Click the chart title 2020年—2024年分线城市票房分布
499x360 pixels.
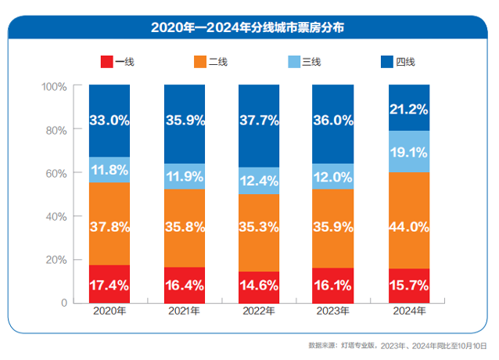(x=249, y=27)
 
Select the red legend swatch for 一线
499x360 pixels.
(x=107, y=61)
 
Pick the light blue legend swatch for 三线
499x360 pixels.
(x=294, y=61)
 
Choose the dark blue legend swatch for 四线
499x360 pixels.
(x=386, y=61)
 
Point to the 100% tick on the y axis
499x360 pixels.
(x=54, y=85)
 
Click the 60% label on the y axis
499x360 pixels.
(x=56, y=172)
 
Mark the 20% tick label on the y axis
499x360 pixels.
(x=56, y=259)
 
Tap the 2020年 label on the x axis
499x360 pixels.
(x=109, y=312)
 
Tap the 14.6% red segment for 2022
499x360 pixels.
(x=259, y=287)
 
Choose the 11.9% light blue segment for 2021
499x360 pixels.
(x=185, y=176)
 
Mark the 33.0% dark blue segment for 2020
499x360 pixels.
(x=109, y=121)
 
